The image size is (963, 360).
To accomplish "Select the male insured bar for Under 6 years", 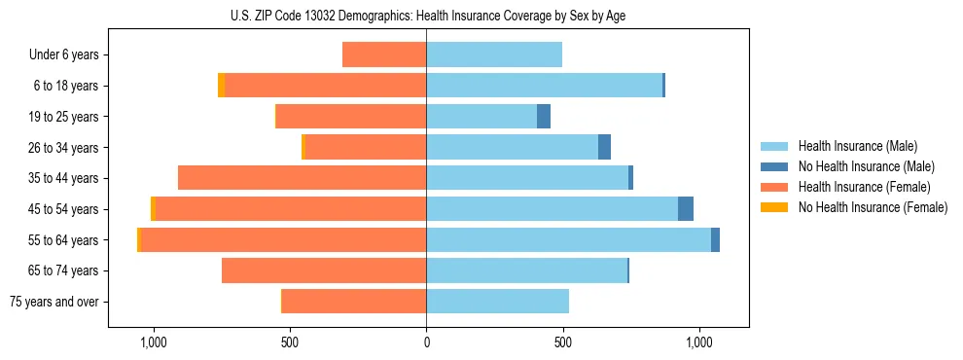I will coord(494,54).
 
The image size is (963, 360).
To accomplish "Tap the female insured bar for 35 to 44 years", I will coord(302,178).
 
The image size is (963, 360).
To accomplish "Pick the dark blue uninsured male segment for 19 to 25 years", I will coord(544,117).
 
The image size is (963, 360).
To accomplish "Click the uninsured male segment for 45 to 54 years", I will coord(686,209).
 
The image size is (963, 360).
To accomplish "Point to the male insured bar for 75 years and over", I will coord(497,302).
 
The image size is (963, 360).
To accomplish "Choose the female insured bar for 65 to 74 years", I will coord(324,270).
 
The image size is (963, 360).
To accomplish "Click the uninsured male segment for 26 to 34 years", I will coord(604,147).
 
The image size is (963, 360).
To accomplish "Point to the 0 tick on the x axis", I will coord(426,343).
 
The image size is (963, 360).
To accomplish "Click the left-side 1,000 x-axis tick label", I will coord(154,343).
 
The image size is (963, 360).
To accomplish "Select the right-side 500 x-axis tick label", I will coord(562,343).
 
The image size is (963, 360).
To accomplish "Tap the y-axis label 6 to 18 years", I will coord(66,86).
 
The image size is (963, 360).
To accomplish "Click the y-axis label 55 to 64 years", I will coord(63,240).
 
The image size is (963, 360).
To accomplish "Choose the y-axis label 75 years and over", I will coord(54,302).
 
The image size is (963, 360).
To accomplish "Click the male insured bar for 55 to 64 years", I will coord(568,240).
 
